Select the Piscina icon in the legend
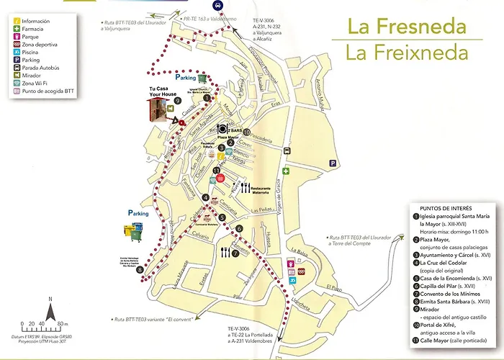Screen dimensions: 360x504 [17, 62]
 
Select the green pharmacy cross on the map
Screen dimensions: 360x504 [286, 171]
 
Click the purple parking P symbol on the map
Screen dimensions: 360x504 [332, 164]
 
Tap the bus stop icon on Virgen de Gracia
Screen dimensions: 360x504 [287, 151]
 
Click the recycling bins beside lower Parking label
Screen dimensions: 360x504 [134, 231]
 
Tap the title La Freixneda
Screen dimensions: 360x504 [406, 53]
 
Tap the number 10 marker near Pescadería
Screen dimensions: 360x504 [246, 132]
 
